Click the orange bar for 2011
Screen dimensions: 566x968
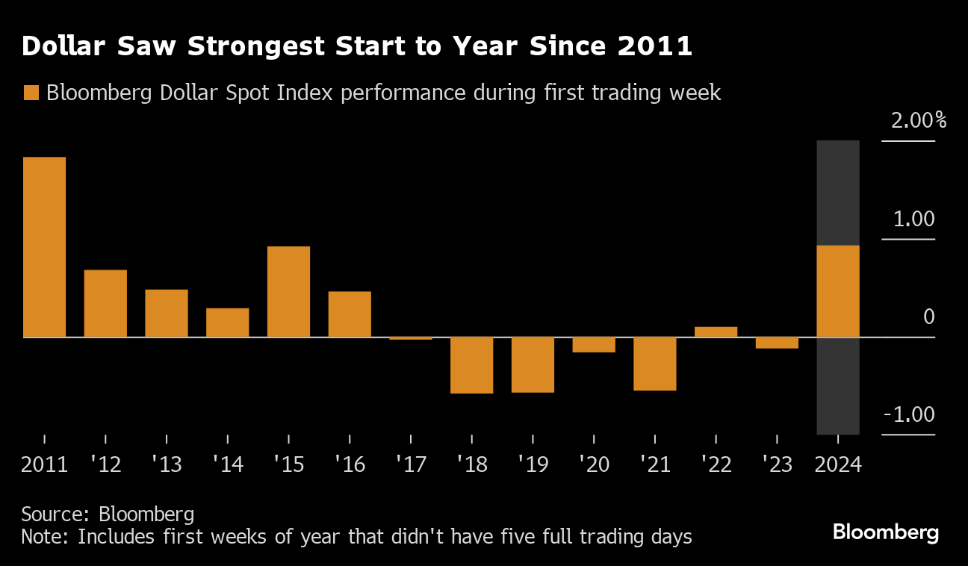pyautogui.click(x=44, y=247)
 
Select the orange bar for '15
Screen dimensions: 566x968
pyautogui.click(x=288, y=292)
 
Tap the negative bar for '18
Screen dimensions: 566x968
pyautogui.click(x=471, y=365)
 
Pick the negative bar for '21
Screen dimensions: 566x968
pyautogui.click(x=655, y=364)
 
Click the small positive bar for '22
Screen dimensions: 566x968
pyautogui.click(x=716, y=332)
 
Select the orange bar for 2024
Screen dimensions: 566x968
pyautogui.click(x=838, y=291)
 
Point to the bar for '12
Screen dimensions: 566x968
pyautogui.click(x=105, y=304)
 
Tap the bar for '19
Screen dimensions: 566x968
pyautogui.click(x=533, y=364)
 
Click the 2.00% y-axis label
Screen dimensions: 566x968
pyautogui.click(x=915, y=121)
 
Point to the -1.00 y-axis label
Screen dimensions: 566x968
pyautogui.click(x=908, y=415)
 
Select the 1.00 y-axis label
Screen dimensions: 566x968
pyautogui.click(x=913, y=220)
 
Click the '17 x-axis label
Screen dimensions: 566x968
pyautogui.click(x=411, y=464)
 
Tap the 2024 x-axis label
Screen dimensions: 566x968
pyautogui.click(x=838, y=464)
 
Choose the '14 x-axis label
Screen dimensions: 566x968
pyautogui.click(x=227, y=464)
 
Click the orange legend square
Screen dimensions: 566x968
pyautogui.click(x=31, y=93)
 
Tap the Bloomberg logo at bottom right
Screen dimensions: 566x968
pyautogui.click(x=885, y=532)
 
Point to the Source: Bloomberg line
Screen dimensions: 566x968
pyautogui.click(x=108, y=514)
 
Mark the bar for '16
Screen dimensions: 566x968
pyautogui.click(x=350, y=314)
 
